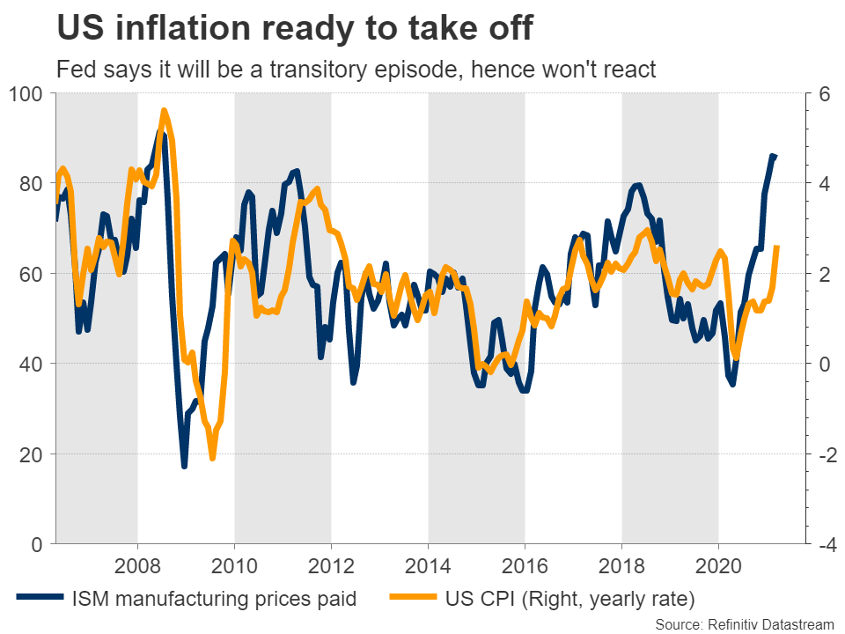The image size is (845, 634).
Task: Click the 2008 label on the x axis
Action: coord(137,564)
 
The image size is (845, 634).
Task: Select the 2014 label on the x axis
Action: coord(428,564)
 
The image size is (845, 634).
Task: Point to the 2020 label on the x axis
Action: coord(718,564)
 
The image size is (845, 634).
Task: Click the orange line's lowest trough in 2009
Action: coord(212,458)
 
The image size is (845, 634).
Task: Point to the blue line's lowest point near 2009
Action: coord(184,466)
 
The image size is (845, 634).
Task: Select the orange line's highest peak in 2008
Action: coord(164,111)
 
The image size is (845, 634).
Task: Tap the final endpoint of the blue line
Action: coord(775,157)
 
